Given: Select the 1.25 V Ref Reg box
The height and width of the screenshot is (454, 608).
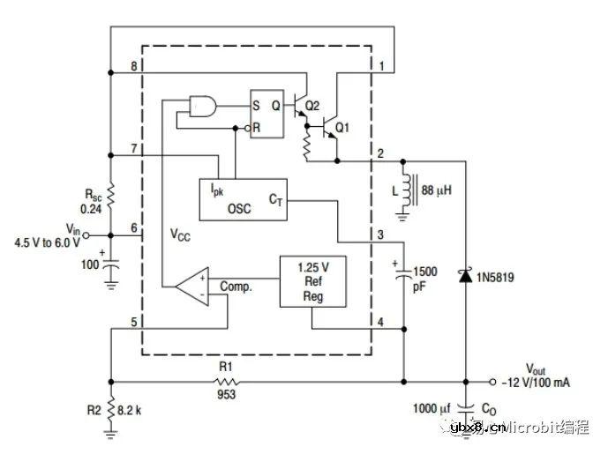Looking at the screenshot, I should (x=312, y=281).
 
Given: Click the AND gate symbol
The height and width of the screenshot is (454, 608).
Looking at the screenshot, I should (x=204, y=107).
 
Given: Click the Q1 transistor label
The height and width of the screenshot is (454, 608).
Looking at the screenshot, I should (x=342, y=126).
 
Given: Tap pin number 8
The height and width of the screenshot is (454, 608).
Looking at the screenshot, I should (x=133, y=67).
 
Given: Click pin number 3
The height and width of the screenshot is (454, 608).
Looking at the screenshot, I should (x=380, y=235).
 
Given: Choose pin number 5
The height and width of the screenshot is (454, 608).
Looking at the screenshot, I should (x=133, y=322).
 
